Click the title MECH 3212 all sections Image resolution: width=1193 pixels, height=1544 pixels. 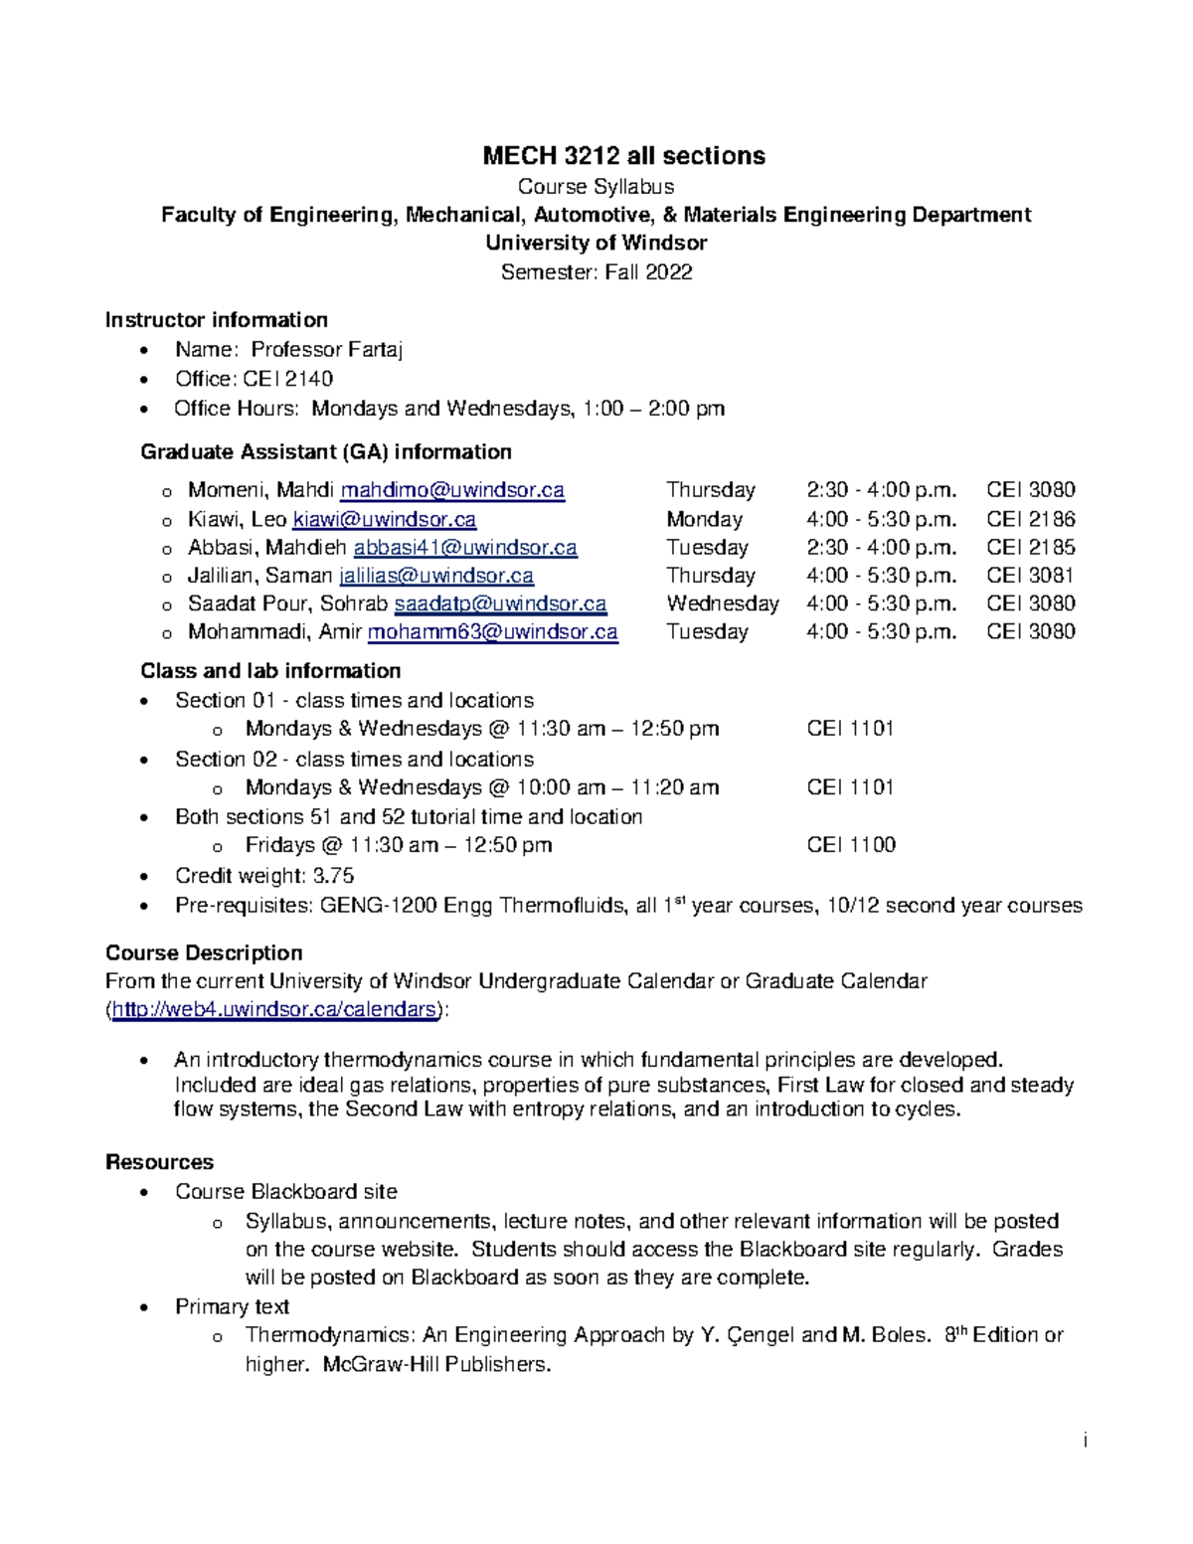[x=623, y=156]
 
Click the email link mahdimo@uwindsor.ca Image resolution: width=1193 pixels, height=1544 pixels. [x=452, y=490]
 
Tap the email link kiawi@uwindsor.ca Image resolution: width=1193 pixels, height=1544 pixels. [x=384, y=519]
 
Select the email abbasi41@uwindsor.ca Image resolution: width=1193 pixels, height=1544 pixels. [x=465, y=547]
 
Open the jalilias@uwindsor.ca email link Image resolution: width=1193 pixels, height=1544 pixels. [x=436, y=576]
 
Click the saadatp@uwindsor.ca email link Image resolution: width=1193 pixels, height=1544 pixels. [x=500, y=603]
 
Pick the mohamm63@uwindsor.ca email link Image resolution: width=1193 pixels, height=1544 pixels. [x=492, y=632]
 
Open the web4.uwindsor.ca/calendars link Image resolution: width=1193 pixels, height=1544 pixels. [x=274, y=1009]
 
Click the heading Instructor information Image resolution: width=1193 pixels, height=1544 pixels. [x=217, y=320]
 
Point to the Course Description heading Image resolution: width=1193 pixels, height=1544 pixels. [x=204, y=952]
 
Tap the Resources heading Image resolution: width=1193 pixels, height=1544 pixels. [x=159, y=1162]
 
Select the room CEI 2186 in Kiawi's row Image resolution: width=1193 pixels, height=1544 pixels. [x=1030, y=519]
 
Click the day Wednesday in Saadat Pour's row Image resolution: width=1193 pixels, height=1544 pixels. [x=723, y=603]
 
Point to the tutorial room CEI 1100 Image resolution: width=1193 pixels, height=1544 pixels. [x=851, y=845]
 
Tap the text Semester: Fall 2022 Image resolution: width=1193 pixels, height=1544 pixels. [x=596, y=271]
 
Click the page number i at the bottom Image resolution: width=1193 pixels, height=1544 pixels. [x=1086, y=1441]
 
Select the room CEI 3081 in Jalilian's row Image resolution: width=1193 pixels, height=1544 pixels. [x=1030, y=576]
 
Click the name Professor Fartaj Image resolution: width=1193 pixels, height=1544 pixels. [x=326, y=350]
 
